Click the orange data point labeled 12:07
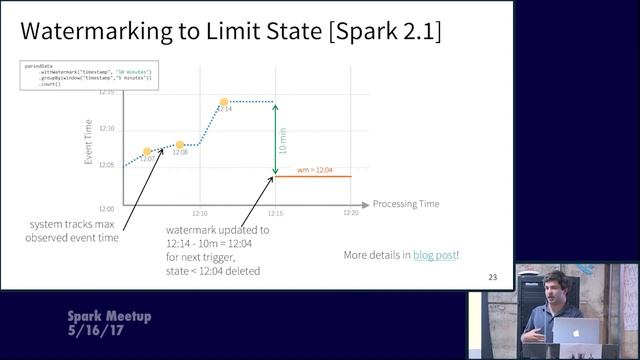click(147, 152)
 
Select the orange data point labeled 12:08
click(180, 145)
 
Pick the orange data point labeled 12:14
click(224, 101)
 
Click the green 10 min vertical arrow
click(275, 140)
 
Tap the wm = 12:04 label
click(316, 171)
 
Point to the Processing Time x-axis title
click(406, 204)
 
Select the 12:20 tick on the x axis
click(350, 213)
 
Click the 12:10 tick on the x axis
click(200, 213)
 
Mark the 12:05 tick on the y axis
click(107, 165)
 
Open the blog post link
click(436, 255)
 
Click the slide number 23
click(491, 277)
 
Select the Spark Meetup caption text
click(109, 316)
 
